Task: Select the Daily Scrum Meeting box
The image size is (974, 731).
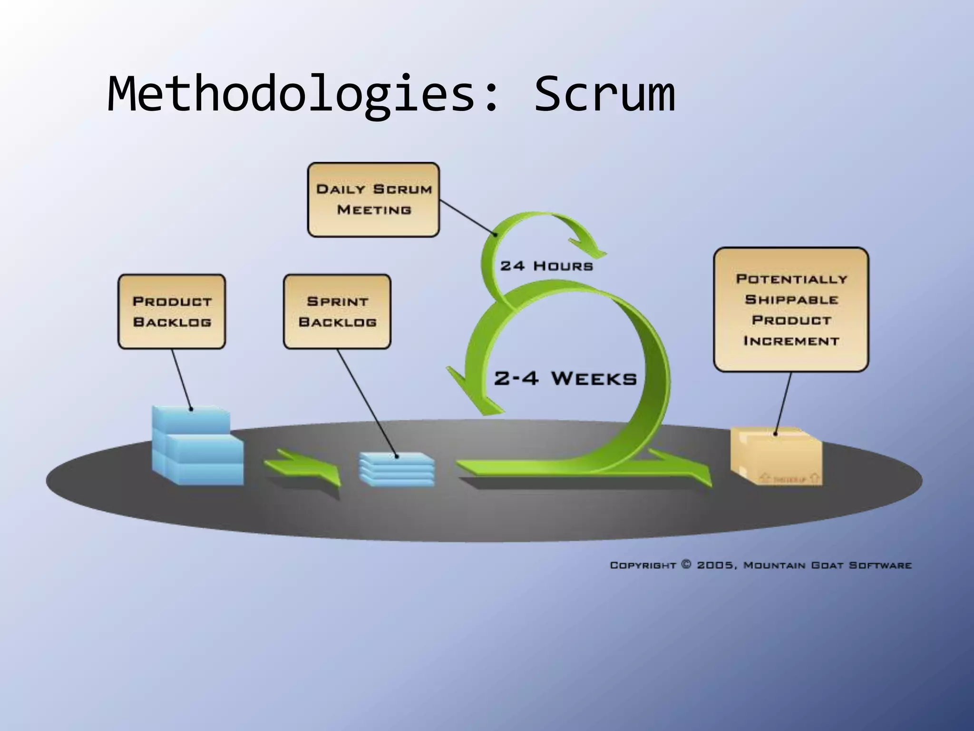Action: coord(373,200)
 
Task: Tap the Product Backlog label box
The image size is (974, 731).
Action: coord(172,312)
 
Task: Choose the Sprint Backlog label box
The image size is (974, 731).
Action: coord(337,312)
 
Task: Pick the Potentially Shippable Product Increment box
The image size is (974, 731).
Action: coord(791,309)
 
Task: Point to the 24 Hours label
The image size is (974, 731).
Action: coord(546,266)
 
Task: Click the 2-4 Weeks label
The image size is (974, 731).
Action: coord(565,379)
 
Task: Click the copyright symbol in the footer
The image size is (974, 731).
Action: coord(686,565)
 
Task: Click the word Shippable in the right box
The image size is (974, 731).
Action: coord(791,300)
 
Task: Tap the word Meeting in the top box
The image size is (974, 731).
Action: coord(374,210)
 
